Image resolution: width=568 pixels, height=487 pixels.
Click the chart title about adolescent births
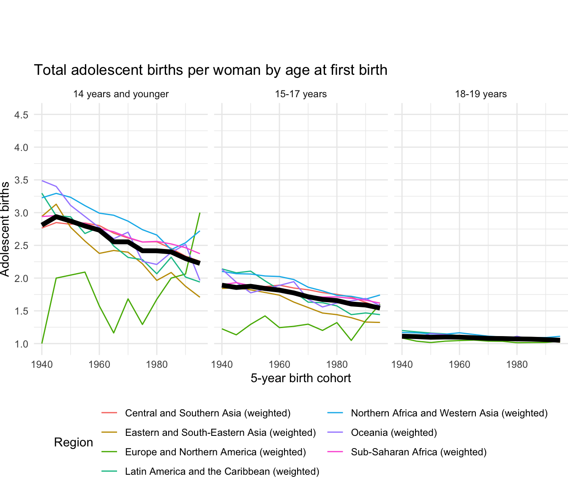point(210,70)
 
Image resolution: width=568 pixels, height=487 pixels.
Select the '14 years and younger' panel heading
point(121,94)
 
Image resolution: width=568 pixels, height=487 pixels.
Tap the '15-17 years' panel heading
point(301,94)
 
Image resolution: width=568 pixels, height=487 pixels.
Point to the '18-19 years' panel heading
point(481,94)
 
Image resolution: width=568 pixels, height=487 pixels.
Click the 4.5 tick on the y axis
point(21,115)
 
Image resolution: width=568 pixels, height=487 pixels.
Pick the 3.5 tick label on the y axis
point(21,181)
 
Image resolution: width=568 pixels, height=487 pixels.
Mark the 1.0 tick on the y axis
point(21,344)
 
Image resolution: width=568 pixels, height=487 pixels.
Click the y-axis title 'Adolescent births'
point(5,229)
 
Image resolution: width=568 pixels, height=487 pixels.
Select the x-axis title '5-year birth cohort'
point(301,378)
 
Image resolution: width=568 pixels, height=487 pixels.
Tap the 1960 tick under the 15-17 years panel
point(279,364)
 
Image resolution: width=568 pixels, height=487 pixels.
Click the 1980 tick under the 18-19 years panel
point(517,364)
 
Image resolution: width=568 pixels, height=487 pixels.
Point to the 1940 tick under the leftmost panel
point(42,364)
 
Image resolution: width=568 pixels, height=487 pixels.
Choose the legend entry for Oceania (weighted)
point(394,433)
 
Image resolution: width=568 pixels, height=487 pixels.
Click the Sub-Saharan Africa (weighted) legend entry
point(418,452)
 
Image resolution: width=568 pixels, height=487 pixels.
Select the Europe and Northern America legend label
point(215,452)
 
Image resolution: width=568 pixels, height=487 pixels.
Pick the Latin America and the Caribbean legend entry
point(222,472)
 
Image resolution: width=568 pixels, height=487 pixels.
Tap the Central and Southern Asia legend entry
point(208,413)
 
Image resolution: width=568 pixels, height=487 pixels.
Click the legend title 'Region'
point(74,443)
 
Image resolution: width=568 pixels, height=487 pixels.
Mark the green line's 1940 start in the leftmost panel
point(42,343)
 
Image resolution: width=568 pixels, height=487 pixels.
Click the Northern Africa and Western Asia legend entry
point(449,413)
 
